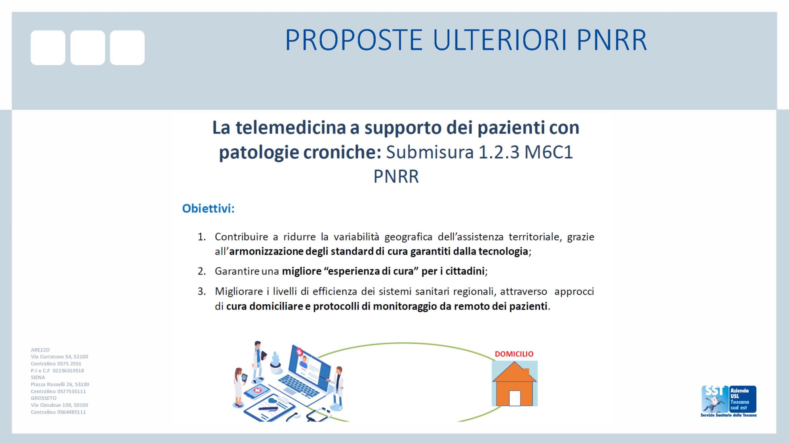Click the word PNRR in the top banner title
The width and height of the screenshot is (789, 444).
(x=611, y=40)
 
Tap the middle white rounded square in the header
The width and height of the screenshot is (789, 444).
(x=88, y=47)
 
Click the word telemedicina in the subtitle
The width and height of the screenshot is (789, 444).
(x=291, y=128)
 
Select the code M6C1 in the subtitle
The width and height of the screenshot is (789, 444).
(x=549, y=152)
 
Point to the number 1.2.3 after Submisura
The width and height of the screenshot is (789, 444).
(x=499, y=152)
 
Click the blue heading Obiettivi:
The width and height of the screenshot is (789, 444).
(x=208, y=209)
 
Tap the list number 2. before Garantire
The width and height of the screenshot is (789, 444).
(x=202, y=271)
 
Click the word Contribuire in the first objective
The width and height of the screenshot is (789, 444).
(x=241, y=237)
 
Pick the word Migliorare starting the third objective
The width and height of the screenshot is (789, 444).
(x=239, y=292)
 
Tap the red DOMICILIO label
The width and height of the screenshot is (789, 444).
(x=514, y=354)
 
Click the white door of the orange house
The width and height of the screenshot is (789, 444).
(x=515, y=398)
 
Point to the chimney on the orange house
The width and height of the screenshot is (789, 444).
(x=526, y=372)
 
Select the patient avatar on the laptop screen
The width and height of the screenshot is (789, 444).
(x=304, y=362)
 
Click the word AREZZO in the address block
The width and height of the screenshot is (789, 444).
(x=40, y=350)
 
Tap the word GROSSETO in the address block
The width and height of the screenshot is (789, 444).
(x=43, y=398)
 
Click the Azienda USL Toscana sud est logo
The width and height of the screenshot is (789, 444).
(x=729, y=401)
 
